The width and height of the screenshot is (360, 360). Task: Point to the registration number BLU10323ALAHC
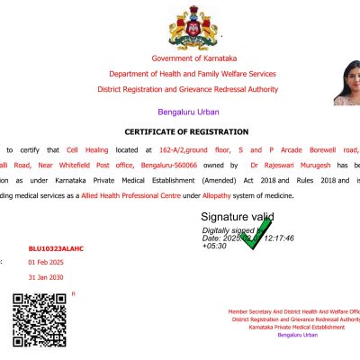pos(56,247)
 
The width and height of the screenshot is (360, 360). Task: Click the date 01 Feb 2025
pos(48,262)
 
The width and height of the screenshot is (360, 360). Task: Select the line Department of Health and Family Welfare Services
pos(193,74)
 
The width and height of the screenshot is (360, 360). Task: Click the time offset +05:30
pos(214,245)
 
